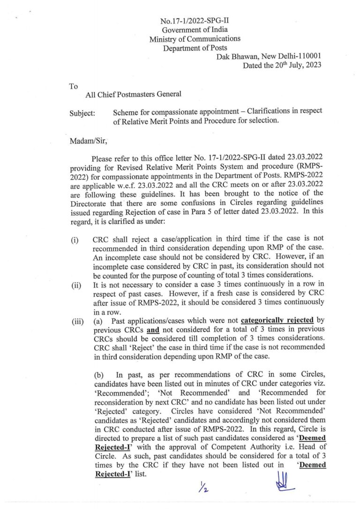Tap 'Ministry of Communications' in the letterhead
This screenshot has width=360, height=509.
[195, 39]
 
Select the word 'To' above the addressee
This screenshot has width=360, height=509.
[74, 86]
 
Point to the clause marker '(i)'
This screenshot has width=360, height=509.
[75, 241]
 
